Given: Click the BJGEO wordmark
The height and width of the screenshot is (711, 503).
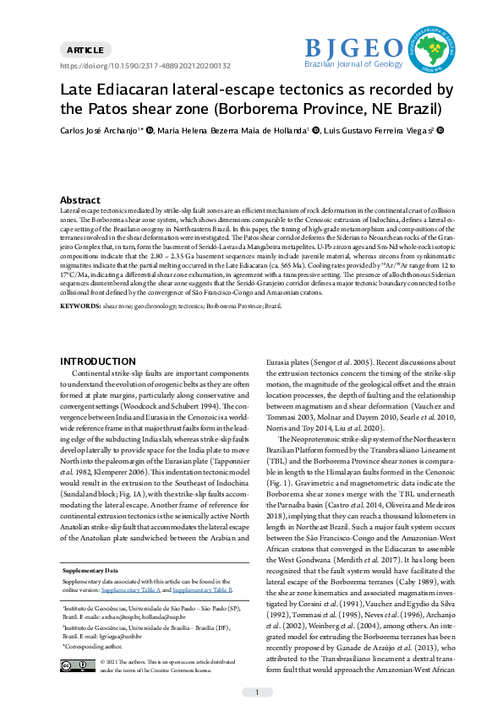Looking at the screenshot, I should click(x=353, y=47).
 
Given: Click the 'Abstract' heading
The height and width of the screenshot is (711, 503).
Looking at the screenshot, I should click(x=80, y=200).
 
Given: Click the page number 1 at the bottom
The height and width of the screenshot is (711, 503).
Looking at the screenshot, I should click(x=257, y=692).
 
